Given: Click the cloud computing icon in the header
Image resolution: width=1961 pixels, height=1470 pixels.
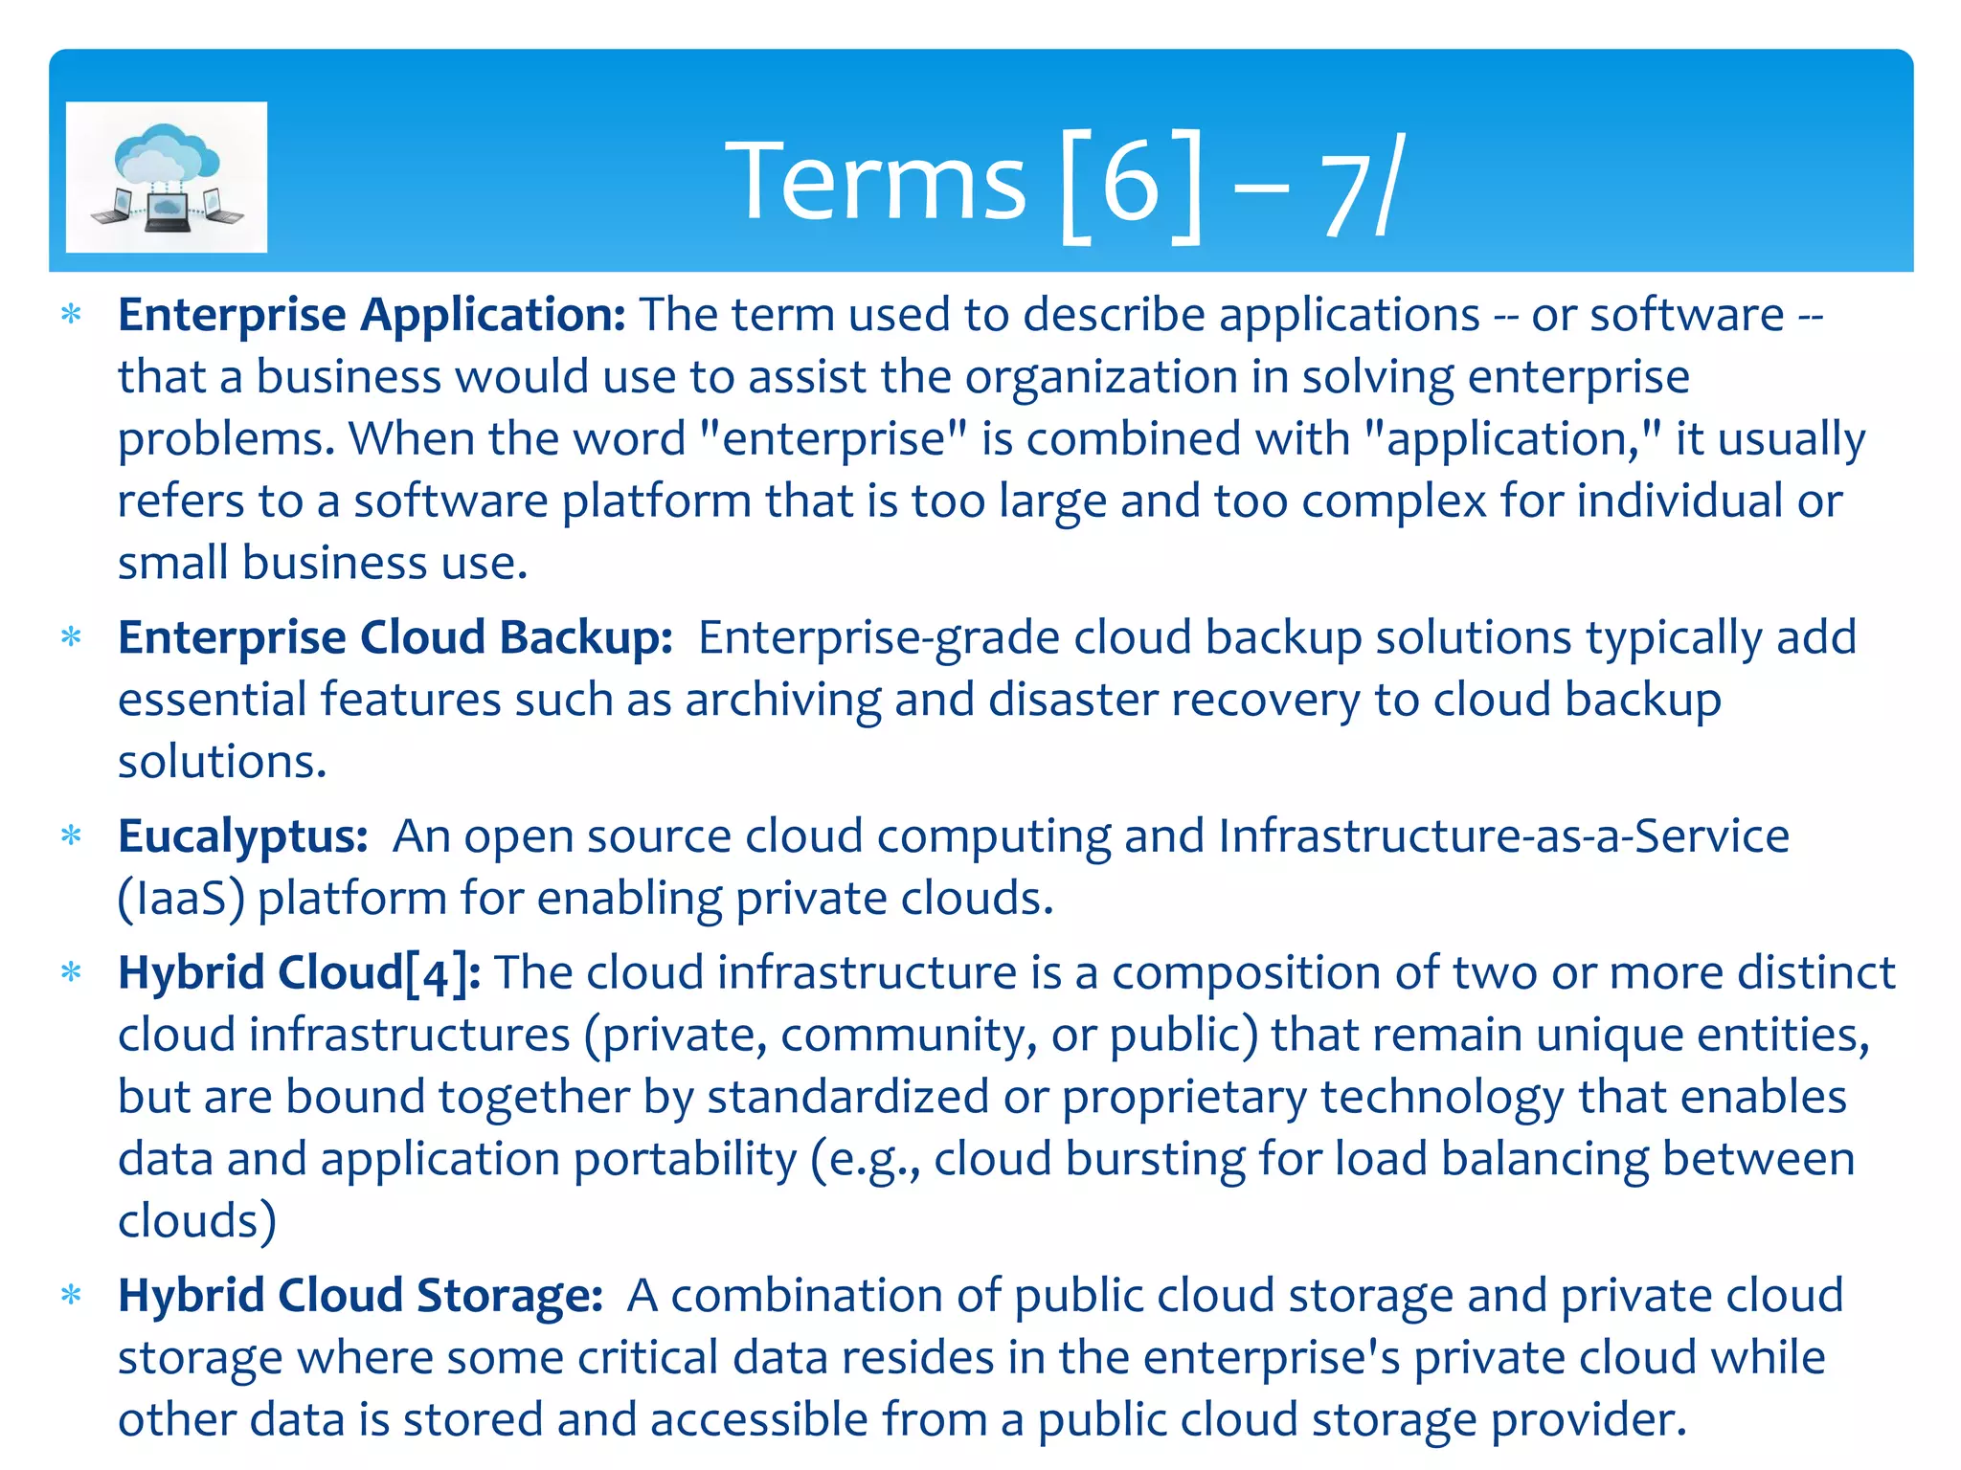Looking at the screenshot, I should pos(167,177).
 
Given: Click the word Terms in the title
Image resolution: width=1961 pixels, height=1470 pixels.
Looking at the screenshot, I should pos(875,182).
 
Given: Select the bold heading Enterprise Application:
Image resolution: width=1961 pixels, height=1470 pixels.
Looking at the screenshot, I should pos(372,315).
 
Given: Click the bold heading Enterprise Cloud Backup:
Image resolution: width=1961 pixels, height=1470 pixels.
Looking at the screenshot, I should pos(395,637).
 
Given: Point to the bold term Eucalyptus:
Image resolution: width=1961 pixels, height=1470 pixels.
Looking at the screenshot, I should pos(243,836).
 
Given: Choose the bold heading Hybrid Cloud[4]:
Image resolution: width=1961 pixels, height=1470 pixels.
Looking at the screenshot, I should pos(300,973).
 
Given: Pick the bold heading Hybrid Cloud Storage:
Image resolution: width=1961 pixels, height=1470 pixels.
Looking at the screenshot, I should pos(360,1296).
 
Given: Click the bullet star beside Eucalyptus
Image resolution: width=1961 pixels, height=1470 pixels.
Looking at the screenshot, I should pos(71,835).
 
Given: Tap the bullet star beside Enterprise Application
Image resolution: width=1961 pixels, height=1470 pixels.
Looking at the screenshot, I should pos(71,314).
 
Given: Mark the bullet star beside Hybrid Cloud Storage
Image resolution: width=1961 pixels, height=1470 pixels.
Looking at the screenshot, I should pos(71,1296).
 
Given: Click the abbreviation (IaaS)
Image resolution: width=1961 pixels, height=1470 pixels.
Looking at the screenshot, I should pos(181,899).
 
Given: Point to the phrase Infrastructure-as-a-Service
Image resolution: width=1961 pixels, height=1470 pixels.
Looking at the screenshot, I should pos(1503,836).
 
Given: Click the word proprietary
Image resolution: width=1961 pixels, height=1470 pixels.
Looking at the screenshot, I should pos(1183,1097).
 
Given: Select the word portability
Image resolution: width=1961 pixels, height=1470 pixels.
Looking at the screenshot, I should pos(685,1159).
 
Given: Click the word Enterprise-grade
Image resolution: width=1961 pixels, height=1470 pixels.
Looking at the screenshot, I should pos(878,637).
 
